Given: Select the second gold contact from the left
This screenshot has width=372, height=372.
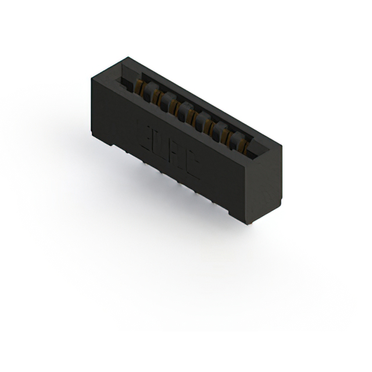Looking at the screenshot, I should tap(156, 96).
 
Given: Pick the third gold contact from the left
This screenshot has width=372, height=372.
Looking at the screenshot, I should tap(173, 105).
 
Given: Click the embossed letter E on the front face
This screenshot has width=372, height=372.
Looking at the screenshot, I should tap(144, 132).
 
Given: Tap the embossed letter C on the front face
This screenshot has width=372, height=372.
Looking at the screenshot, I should tap(191, 166).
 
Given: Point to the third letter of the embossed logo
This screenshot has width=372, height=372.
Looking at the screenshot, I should tap(176, 155).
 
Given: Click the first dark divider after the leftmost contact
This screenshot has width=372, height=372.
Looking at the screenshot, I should tap(148, 92).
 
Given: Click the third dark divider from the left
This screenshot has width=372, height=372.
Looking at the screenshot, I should tap(181, 109).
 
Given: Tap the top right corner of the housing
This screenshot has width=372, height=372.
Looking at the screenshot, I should tap(282, 145).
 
